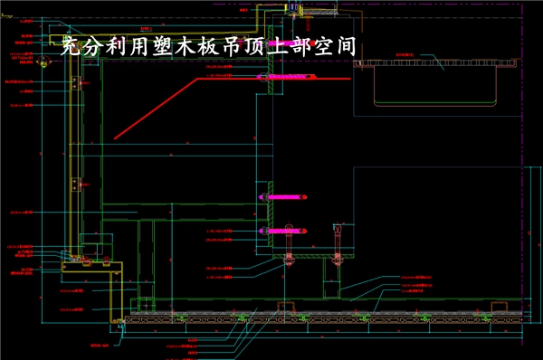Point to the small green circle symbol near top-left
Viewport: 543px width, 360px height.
(x=43, y=62)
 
